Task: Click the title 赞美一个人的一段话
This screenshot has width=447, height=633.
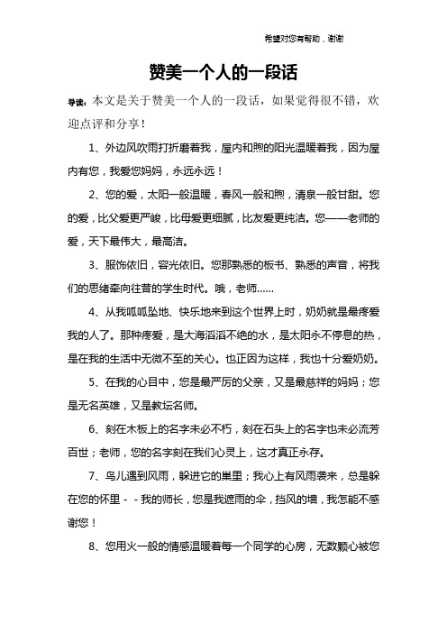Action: coord(223,72)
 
